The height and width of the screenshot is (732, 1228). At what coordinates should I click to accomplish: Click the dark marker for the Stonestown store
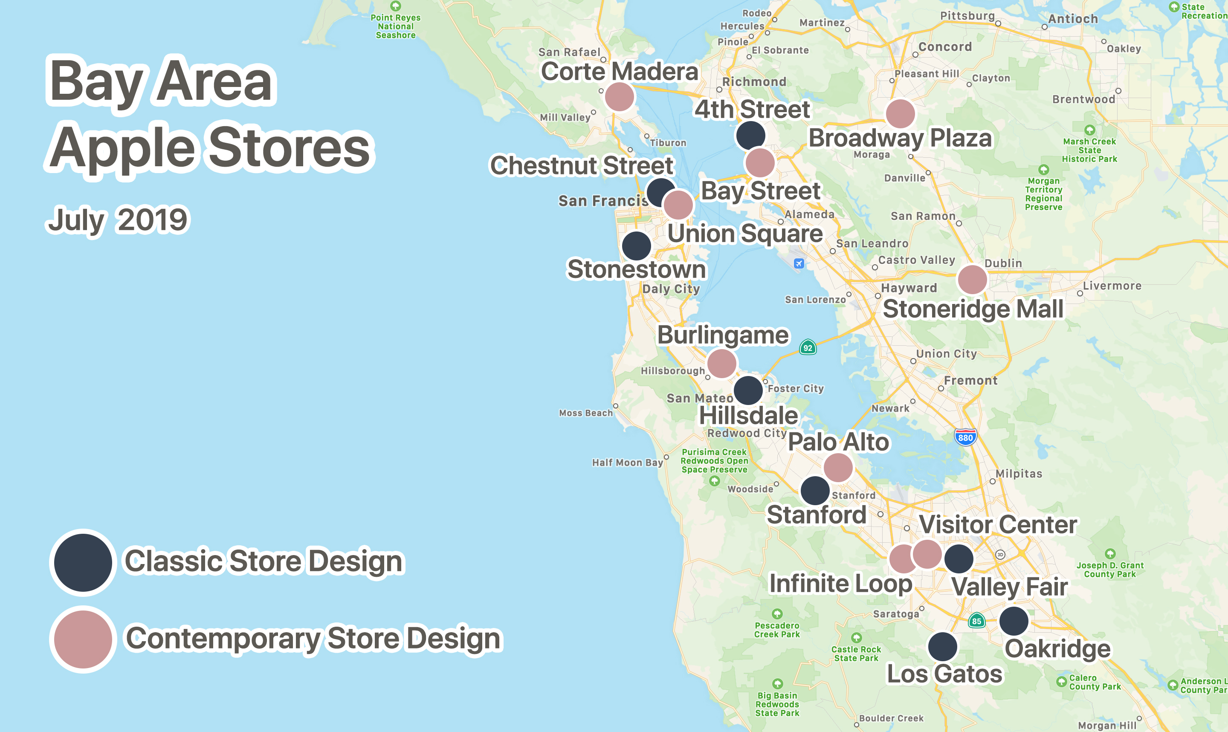tap(636, 246)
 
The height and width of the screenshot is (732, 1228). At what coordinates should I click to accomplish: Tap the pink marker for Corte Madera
tap(620, 97)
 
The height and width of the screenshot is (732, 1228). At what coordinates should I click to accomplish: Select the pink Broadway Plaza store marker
tap(901, 114)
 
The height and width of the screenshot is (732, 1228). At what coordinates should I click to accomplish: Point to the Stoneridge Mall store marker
tap(972, 280)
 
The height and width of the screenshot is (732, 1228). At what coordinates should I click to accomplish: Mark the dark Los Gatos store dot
tap(942, 647)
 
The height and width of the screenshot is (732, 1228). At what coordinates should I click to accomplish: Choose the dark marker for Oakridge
tap(1014, 621)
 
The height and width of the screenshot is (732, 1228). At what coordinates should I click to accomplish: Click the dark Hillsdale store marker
tap(748, 390)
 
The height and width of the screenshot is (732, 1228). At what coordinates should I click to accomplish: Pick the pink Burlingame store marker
tap(721, 364)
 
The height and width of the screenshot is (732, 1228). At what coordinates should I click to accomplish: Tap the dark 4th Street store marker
tap(750, 135)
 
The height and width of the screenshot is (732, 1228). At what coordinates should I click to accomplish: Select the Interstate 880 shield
tap(965, 437)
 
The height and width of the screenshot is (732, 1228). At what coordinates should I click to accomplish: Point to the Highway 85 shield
tap(976, 621)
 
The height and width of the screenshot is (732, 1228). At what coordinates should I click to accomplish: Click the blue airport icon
tap(799, 263)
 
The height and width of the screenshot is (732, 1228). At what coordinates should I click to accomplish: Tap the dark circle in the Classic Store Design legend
tap(83, 562)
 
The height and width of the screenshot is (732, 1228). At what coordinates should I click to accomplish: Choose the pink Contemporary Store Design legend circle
tap(83, 639)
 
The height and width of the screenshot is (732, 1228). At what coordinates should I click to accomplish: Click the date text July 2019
tap(117, 220)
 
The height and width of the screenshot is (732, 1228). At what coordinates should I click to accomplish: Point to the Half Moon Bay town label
tap(627, 463)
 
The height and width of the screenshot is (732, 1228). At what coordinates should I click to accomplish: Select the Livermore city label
tap(1112, 286)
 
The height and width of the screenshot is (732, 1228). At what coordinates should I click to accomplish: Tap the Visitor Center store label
tap(998, 525)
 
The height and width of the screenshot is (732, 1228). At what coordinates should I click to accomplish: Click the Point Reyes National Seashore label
tap(396, 26)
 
